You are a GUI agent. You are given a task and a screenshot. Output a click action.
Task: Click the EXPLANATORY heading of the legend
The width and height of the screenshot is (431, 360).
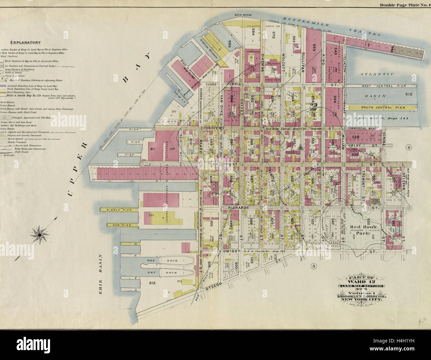tap(25, 42)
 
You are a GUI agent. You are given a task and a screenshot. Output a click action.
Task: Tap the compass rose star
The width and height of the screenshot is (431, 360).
tap(39, 235)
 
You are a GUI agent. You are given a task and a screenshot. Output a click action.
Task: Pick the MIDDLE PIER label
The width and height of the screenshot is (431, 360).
tap(116, 210)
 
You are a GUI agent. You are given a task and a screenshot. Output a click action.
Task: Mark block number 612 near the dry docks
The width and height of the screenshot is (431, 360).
tap(152, 283)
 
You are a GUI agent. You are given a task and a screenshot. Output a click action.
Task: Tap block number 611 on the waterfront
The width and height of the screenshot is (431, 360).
tap(153, 149)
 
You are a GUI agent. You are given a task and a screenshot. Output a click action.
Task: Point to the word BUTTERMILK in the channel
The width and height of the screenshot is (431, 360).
tap(307, 22)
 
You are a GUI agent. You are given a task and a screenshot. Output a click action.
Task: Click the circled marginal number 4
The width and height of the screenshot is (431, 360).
tap(408, 147)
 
